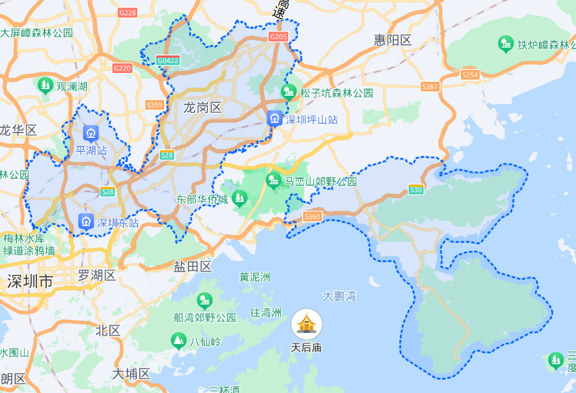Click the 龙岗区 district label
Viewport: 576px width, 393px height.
pyautogui.click(x=203, y=107)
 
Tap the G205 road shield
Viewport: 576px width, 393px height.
pyautogui.click(x=278, y=37)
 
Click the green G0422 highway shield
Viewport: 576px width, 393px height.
pyautogui.click(x=168, y=60)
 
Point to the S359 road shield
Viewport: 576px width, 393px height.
pyautogui.click(x=154, y=105)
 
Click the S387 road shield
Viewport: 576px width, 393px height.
pyautogui.click(x=429, y=87)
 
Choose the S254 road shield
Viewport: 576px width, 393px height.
pyautogui.click(x=470, y=75)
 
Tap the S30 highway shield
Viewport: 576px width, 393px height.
pyautogui.click(x=416, y=189)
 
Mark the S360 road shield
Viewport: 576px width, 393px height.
pyautogui.click(x=313, y=217)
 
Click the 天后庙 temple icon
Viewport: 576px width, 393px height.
pyautogui.click(x=307, y=324)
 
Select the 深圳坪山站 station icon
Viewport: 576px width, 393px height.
pyautogui.click(x=275, y=119)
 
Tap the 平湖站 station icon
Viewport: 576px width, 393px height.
pyautogui.click(x=91, y=134)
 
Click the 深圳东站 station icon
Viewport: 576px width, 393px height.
pyautogui.click(x=86, y=222)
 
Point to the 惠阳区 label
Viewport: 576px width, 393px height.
pyautogui.click(x=393, y=40)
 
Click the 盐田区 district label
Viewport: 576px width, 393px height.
pyautogui.click(x=192, y=267)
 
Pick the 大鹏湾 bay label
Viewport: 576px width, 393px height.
pyautogui.click(x=339, y=296)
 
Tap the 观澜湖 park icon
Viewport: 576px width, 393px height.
pyautogui.click(x=46, y=86)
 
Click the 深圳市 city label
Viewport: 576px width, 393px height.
pyautogui.click(x=30, y=281)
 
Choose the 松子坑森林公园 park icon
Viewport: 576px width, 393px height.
pyautogui.click(x=288, y=92)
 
